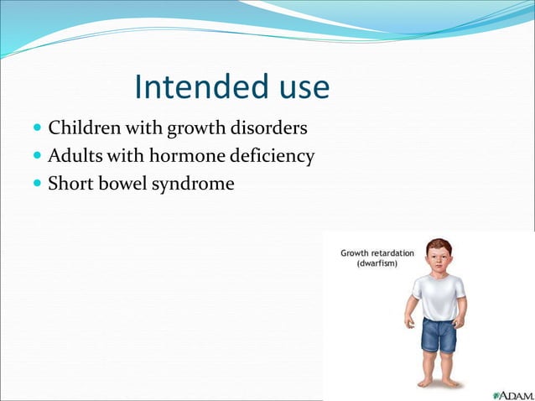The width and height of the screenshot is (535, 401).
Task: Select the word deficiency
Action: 272,156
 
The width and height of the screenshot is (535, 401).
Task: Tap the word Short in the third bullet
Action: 70,182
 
